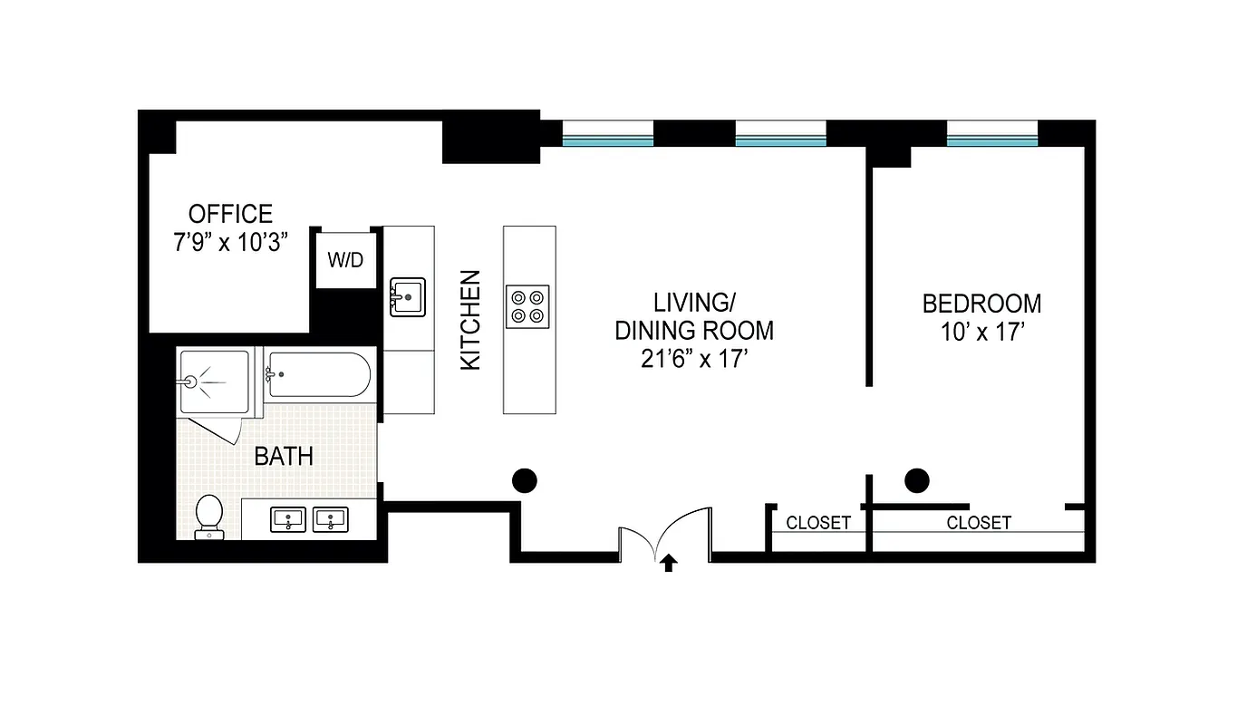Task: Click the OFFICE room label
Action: tap(230, 214)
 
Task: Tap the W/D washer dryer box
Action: tap(345, 261)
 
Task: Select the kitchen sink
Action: tap(408, 296)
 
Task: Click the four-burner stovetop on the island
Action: tap(527, 304)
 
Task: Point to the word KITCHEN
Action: tap(470, 320)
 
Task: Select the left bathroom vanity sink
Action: tap(288, 520)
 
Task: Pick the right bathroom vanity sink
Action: tap(331, 520)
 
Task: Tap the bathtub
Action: tap(318, 373)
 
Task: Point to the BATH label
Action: tap(284, 456)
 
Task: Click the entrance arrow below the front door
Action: tap(669, 565)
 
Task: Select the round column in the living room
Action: tap(525, 480)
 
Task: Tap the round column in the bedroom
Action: tap(917, 480)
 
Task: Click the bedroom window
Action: tap(992, 134)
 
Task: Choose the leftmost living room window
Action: tap(607, 134)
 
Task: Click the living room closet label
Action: tap(818, 523)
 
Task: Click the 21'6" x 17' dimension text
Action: tap(694, 359)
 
